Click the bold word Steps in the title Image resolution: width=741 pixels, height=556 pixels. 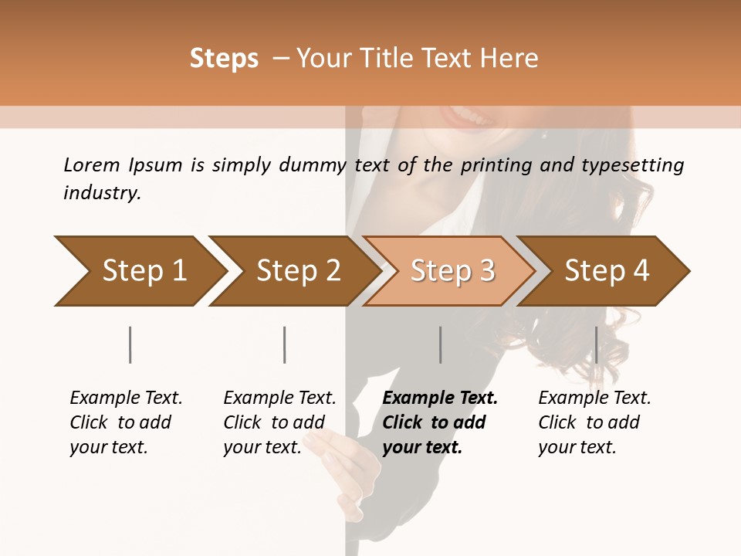224,58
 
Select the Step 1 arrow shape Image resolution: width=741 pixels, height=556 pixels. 139,271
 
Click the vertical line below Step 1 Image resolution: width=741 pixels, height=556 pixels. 130,344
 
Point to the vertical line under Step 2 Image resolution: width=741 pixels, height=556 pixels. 285,344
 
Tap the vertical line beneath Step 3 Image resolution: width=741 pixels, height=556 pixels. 440,344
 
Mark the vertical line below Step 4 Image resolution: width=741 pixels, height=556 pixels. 596,344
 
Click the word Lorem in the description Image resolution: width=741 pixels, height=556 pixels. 92,164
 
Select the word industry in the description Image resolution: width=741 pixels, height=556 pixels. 101,192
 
